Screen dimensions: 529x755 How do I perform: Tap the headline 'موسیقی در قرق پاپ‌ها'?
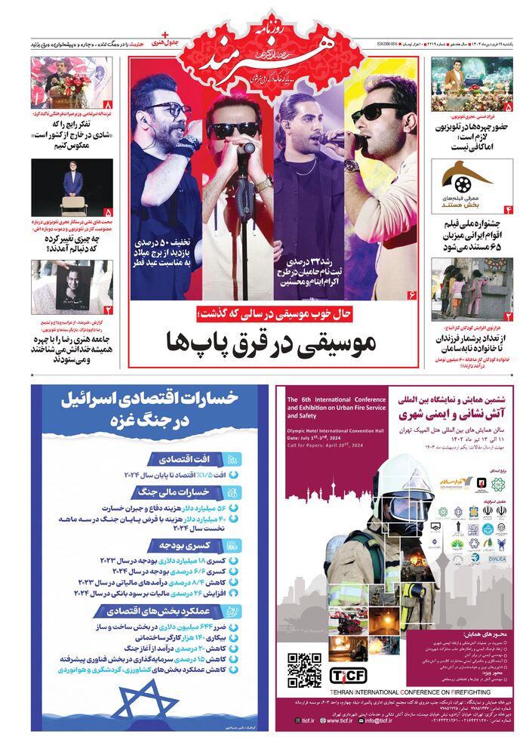(272, 344)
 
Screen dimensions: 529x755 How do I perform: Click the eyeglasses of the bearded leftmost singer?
(168, 110)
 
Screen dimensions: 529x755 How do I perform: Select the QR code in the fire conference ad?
(304, 670)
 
